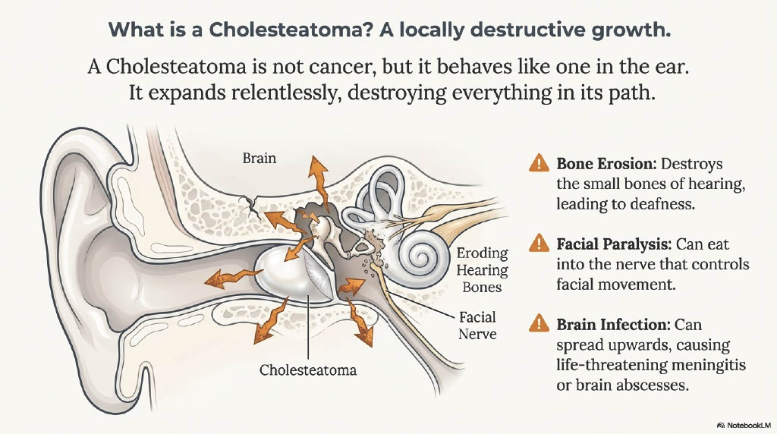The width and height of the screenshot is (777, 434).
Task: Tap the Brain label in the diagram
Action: tap(260, 159)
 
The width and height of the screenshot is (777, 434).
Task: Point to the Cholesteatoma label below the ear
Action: tap(308, 370)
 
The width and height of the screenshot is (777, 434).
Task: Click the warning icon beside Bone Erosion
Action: tap(539, 162)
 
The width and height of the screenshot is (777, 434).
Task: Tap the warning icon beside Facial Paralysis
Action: tap(539, 243)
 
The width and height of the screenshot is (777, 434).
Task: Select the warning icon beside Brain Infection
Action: tap(539, 324)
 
